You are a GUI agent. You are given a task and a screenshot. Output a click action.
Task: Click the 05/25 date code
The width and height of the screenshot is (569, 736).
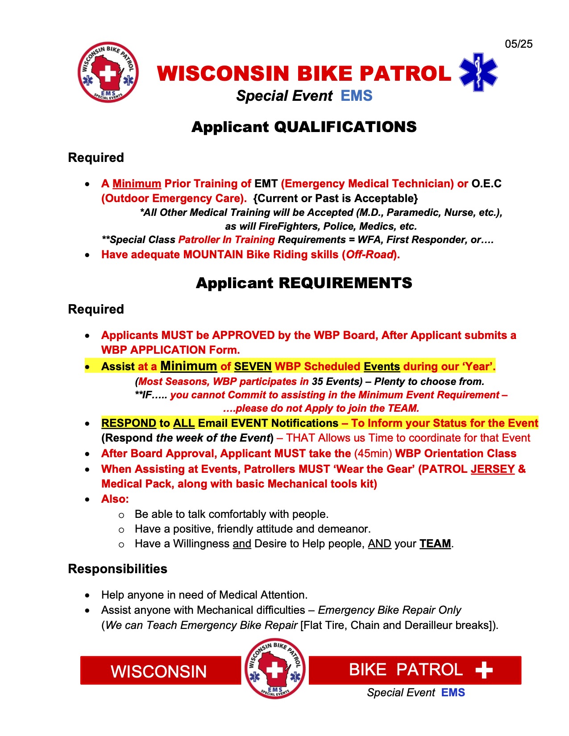[519, 44]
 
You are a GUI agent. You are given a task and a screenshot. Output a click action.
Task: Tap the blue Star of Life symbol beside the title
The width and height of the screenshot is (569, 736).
[478, 72]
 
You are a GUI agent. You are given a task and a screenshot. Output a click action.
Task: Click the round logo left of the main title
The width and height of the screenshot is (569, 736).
[108, 72]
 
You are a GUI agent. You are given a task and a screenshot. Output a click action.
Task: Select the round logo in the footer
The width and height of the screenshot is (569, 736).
[275, 668]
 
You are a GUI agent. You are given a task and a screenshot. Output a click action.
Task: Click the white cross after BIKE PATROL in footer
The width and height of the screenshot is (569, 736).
[484, 670]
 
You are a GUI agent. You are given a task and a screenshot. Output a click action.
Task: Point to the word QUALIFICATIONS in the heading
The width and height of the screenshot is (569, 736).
[345, 127]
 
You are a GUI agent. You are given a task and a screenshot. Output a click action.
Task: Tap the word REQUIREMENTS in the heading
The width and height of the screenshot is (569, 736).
[345, 283]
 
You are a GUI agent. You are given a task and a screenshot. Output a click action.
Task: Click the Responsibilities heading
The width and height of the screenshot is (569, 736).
[117, 569]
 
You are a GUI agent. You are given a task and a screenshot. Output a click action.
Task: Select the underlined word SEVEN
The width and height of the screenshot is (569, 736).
[253, 367]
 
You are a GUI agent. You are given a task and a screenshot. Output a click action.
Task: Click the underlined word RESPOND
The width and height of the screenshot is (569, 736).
[129, 423]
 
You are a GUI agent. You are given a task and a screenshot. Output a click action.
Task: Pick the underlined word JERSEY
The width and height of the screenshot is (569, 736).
[493, 469]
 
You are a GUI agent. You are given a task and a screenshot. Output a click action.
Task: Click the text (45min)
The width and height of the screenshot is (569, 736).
[373, 454]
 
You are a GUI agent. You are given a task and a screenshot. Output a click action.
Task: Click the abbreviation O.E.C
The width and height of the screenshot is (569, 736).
[486, 184]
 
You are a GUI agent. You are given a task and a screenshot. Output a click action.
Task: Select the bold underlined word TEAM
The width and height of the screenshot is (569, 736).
[435, 544]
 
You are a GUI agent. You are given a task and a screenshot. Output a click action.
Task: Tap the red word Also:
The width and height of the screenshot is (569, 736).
[115, 499]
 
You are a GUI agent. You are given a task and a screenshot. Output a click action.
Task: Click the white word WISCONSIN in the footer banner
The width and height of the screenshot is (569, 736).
[159, 671]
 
